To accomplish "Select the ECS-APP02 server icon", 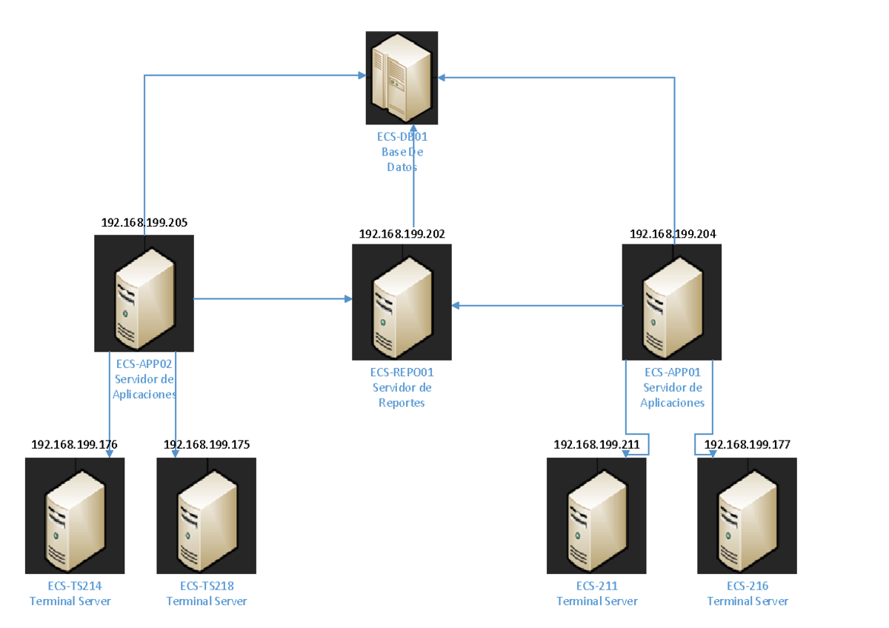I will pyautogui.click(x=144, y=293).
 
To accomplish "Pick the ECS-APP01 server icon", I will pyautogui.click(x=671, y=302).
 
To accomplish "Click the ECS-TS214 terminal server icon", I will pyautogui.click(x=75, y=515).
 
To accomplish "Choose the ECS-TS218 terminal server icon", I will pyautogui.click(x=207, y=515).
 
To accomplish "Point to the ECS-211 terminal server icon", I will pyautogui.click(x=596, y=515).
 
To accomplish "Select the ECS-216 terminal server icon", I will pyautogui.click(x=747, y=515).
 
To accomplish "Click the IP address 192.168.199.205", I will pyautogui.click(x=144, y=221).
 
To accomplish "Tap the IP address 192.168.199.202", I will pyautogui.click(x=402, y=233).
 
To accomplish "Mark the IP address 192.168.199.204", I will pyautogui.click(x=673, y=233).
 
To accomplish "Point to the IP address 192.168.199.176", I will pyautogui.click(x=75, y=444).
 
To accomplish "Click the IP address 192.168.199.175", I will pyautogui.click(x=207, y=444).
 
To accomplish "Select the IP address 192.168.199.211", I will pyautogui.click(x=596, y=444).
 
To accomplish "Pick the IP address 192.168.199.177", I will pyautogui.click(x=747, y=444).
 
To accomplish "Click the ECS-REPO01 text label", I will pyautogui.click(x=402, y=373).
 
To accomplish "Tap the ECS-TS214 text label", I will pyautogui.click(x=70, y=587).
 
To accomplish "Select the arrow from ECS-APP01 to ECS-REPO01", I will pyautogui.click(x=537, y=305).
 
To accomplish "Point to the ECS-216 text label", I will pyautogui.click(x=748, y=587).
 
